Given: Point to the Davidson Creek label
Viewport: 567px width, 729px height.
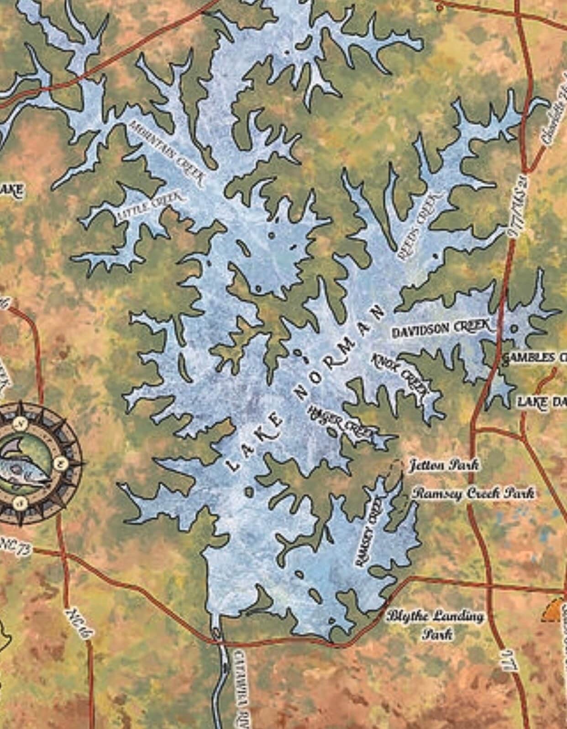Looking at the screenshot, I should tap(442, 328).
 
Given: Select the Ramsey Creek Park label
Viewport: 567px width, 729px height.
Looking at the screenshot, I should tap(473, 494).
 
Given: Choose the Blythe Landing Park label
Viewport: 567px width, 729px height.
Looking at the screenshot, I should tap(435, 624).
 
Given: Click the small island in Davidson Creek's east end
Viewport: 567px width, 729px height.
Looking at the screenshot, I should tap(514, 328).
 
